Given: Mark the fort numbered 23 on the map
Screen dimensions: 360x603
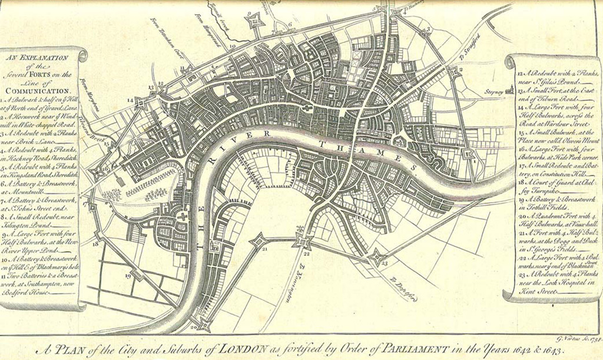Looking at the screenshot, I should pos(375,257).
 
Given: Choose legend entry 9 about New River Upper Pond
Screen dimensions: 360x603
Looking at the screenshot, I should pos(42,235).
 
